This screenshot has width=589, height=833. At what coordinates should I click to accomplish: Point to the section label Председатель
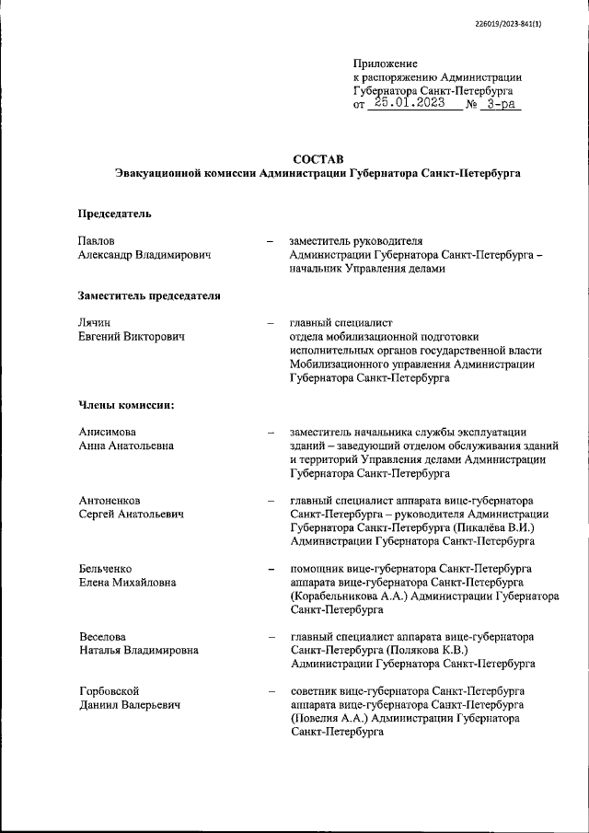tap(114, 214)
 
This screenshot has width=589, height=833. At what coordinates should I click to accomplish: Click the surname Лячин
tap(95, 322)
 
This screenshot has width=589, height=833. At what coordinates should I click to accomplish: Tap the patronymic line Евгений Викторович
tap(132, 337)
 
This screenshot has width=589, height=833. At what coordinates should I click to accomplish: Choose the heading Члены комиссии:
tap(126, 405)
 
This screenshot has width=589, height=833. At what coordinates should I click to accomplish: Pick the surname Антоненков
tap(110, 501)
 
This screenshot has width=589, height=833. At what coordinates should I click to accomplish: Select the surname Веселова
tap(102, 637)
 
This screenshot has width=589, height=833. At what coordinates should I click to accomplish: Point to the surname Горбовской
tap(109, 690)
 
